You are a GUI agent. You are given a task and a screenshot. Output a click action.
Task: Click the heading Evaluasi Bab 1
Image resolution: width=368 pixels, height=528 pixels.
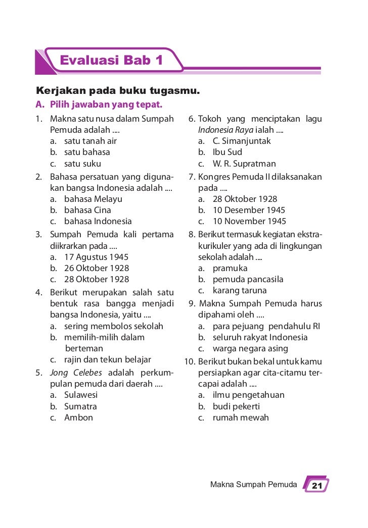point(111,61)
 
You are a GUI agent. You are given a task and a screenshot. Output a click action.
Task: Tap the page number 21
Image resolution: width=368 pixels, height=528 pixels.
point(316,486)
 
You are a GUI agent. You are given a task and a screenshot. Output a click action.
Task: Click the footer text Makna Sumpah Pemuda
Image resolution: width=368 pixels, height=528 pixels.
point(253,485)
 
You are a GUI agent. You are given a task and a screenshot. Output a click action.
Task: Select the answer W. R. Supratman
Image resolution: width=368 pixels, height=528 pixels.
point(244,164)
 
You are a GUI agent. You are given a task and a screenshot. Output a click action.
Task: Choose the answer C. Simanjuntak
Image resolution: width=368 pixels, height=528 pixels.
point(242,141)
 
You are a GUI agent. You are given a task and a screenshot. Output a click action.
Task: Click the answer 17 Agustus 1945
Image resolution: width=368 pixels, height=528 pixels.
point(96,256)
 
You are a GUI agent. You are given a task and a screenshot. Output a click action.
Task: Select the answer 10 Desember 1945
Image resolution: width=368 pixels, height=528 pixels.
point(249,210)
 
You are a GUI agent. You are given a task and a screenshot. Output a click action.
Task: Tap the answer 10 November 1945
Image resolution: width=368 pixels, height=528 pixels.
point(249,221)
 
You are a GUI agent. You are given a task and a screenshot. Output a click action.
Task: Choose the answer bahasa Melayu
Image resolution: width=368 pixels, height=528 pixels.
point(93,199)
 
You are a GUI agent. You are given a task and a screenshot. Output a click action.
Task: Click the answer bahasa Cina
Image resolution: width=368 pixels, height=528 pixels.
point(87,210)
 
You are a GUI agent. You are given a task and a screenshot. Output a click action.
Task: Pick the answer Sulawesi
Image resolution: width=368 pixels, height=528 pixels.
point(81,395)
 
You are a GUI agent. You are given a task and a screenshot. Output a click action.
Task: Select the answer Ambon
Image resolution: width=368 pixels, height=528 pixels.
point(78,417)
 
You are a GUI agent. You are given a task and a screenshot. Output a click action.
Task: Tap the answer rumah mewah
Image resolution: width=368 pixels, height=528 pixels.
point(241,417)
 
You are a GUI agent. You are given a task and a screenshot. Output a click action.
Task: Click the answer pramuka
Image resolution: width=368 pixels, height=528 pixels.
point(230,268)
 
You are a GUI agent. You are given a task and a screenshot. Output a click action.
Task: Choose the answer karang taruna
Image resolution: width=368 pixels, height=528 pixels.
point(240,290)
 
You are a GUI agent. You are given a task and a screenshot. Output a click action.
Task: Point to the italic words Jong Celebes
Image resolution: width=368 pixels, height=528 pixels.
point(76,373)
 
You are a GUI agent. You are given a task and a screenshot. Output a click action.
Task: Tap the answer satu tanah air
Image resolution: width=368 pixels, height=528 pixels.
point(90,141)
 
